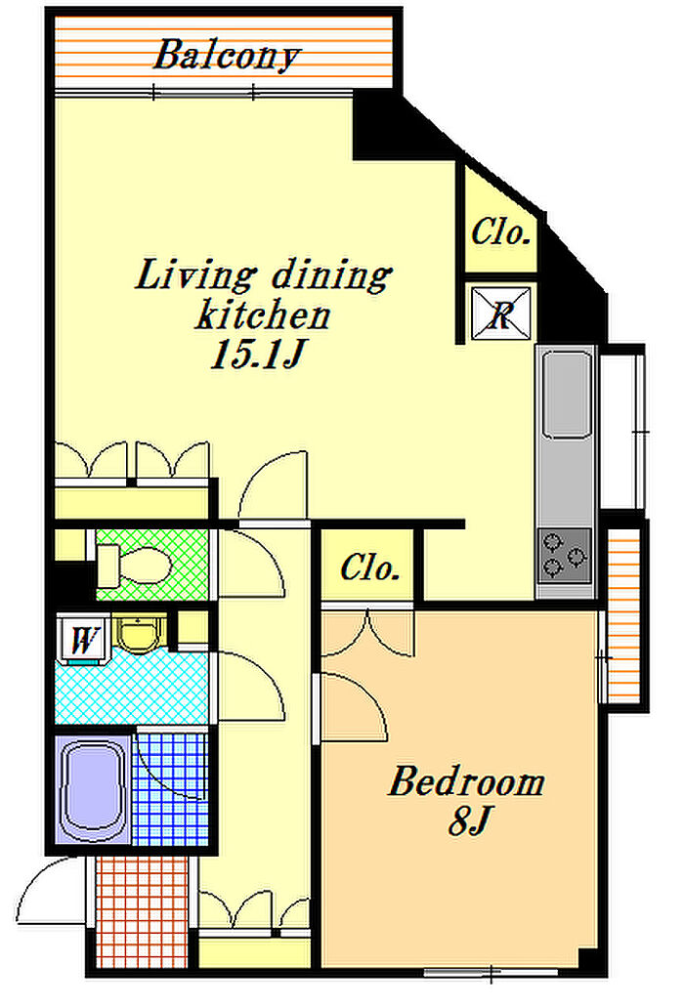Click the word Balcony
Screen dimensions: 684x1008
[227, 56]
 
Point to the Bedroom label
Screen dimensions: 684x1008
[466, 781]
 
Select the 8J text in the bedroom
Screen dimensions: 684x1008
[469, 820]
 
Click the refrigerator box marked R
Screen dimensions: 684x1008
[500, 314]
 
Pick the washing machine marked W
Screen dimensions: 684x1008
[82, 640]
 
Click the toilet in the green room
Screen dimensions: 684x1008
[134, 566]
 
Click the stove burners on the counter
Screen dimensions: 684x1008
[565, 556]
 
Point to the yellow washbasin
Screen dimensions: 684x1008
[139, 635]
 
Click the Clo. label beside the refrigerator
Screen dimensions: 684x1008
[500, 232]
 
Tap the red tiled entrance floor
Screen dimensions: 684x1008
[142, 911]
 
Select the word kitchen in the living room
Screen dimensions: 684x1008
[263, 315]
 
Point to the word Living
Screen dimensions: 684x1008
[194, 274]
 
